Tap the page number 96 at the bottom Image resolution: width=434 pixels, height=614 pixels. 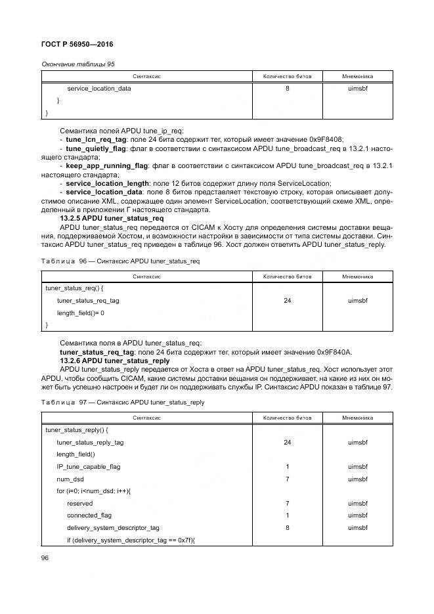(45, 558)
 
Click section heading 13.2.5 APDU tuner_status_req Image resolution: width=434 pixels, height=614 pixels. (112, 217)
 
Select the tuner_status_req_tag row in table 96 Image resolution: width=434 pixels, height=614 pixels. (87, 300)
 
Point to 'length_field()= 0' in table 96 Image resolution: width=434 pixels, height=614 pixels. (80, 313)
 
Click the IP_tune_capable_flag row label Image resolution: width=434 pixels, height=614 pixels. (88, 466)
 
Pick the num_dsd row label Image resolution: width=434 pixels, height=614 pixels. (70, 479)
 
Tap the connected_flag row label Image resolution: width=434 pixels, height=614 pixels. (89, 515)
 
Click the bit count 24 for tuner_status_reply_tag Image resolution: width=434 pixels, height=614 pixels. (287, 442)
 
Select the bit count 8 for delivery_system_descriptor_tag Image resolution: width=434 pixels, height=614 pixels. (287, 527)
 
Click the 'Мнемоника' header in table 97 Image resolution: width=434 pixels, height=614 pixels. (357, 418)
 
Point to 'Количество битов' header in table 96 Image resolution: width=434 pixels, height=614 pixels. (287, 276)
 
